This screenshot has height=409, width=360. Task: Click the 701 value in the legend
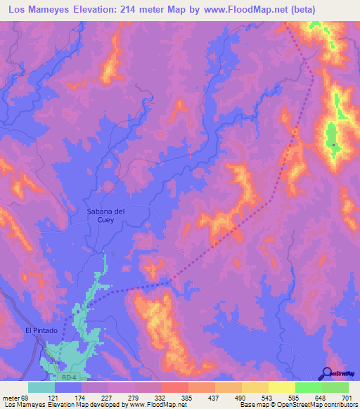pos(347,397)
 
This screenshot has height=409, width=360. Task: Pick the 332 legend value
pos(161,397)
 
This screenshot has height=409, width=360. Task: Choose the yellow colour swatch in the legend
pos(281,387)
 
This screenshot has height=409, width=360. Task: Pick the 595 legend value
pos(295,397)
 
